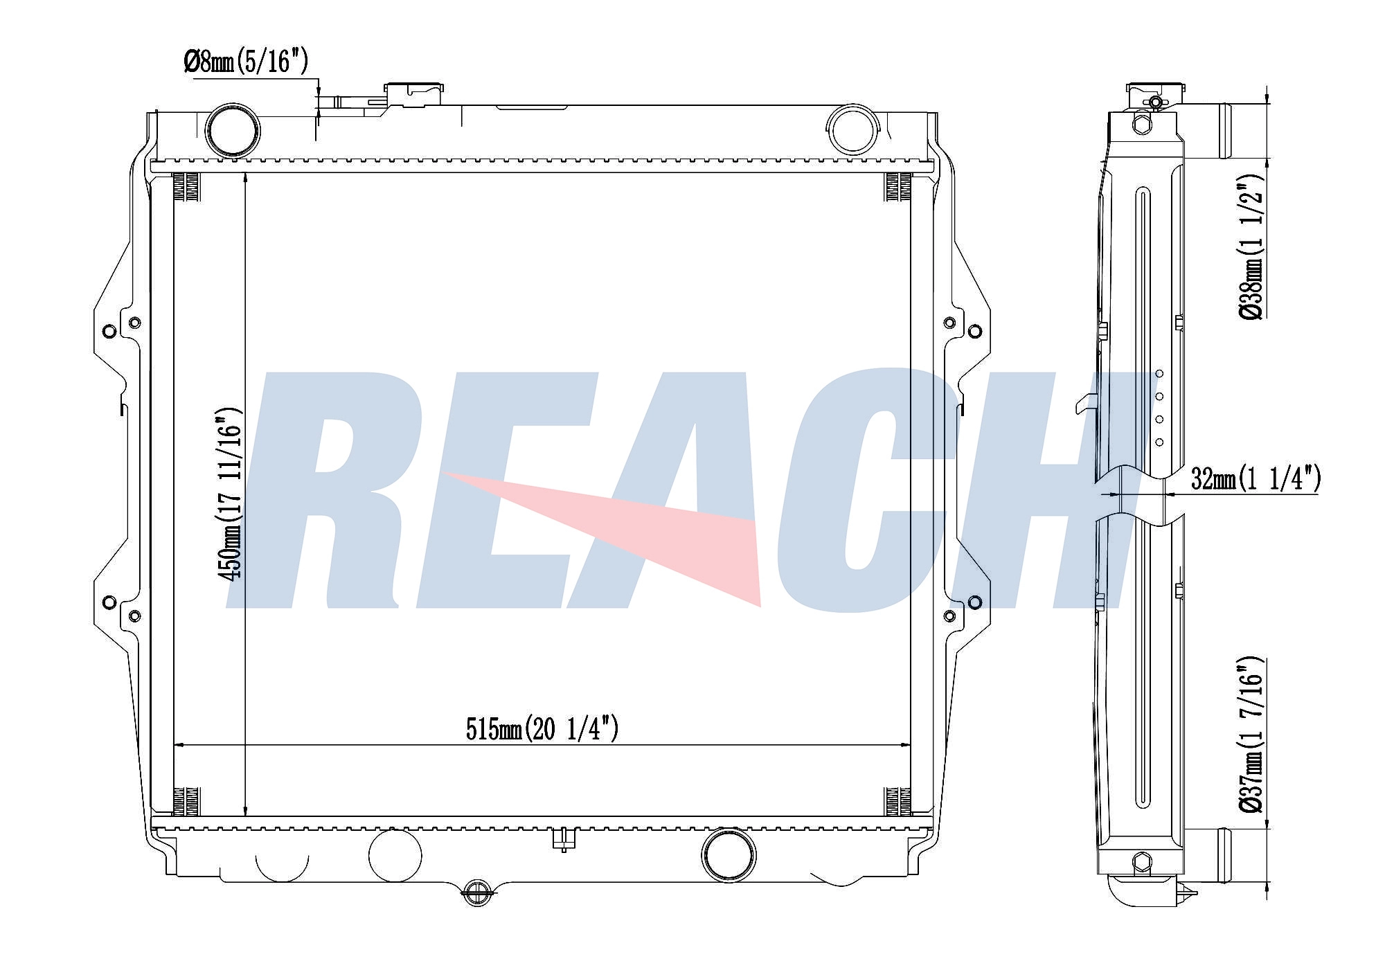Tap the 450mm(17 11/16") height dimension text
pyautogui.click(x=230, y=494)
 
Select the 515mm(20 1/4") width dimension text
pyautogui.click(x=542, y=729)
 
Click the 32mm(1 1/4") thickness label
pyautogui.click(x=1255, y=478)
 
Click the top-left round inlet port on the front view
pyautogui.click(x=233, y=129)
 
